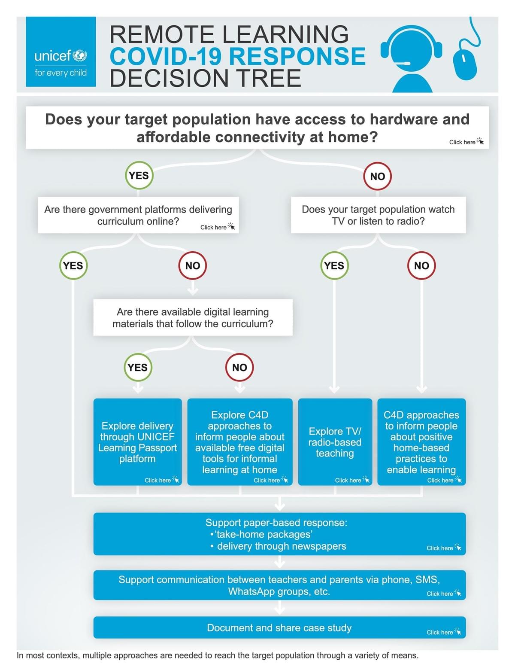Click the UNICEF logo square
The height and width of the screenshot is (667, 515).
pyautogui.click(x=61, y=52)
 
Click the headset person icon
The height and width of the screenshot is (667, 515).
pyautogui.click(x=412, y=58)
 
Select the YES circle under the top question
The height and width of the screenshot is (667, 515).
pyautogui.click(x=139, y=175)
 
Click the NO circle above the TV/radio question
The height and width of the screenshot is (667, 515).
pyautogui.click(x=377, y=176)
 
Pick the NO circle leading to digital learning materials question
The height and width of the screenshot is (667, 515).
pyautogui.click(x=193, y=265)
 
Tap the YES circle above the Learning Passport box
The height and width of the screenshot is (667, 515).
pyautogui.click(x=138, y=367)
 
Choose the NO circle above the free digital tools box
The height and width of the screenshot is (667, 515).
pyautogui.click(x=239, y=367)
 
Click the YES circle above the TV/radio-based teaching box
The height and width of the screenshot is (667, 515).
pyautogui.click(x=334, y=265)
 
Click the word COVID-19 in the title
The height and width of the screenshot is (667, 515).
pyautogui.click(x=166, y=57)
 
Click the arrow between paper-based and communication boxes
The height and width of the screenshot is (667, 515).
pyautogui.click(x=279, y=562)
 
